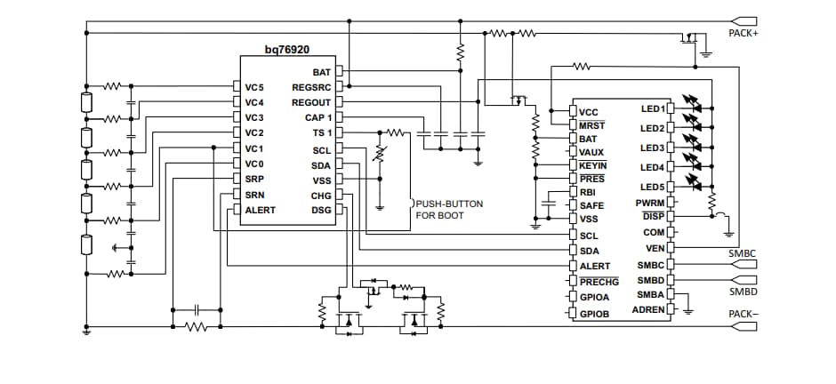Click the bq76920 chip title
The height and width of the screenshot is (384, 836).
click(286, 52)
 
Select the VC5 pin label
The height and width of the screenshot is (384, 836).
click(255, 87)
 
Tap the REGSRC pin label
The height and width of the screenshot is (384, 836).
click(311, 87)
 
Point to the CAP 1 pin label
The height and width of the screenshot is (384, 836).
click(318, 117)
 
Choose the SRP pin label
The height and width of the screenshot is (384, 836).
click(254, 180)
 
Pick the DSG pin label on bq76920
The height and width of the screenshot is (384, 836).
click(321, 210)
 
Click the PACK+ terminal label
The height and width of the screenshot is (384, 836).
click(743, 33)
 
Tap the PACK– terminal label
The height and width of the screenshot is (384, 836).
click(743, 314)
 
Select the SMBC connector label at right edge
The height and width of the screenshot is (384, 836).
click(743, 254)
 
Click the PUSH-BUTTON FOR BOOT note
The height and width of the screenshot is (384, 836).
click(450, 210)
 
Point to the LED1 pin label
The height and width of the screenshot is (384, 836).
click(652, 109)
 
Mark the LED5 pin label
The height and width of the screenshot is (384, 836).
click(652, 187)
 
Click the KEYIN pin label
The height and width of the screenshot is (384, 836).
click(593, 166)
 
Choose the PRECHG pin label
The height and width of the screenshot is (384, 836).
click(598, 282)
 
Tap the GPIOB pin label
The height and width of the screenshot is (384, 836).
click(594, 314)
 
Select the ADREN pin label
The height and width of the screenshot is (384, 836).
click(647, 309)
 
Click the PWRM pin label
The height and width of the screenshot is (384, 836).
click(650, 203)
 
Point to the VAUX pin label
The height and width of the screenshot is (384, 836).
click(591, 152)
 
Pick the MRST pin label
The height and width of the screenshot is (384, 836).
click(591, 126)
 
